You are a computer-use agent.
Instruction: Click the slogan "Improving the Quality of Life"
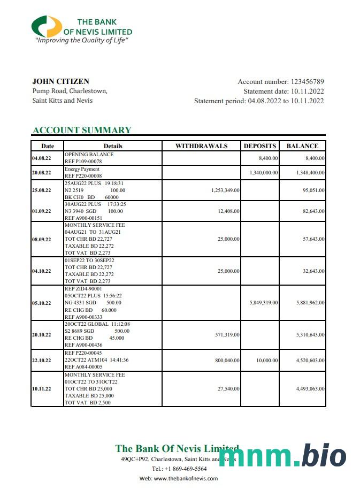82,40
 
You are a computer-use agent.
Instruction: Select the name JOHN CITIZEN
60,82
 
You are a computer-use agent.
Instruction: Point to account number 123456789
307,82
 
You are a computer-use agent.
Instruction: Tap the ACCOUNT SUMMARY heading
82,130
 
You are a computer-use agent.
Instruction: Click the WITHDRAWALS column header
201,146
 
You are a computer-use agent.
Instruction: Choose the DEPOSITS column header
260,146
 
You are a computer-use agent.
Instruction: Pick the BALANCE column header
302,146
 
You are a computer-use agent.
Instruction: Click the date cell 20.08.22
42,173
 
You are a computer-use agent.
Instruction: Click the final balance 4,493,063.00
310,389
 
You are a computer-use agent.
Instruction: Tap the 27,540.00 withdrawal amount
228,389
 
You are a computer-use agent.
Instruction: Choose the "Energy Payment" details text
82,169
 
